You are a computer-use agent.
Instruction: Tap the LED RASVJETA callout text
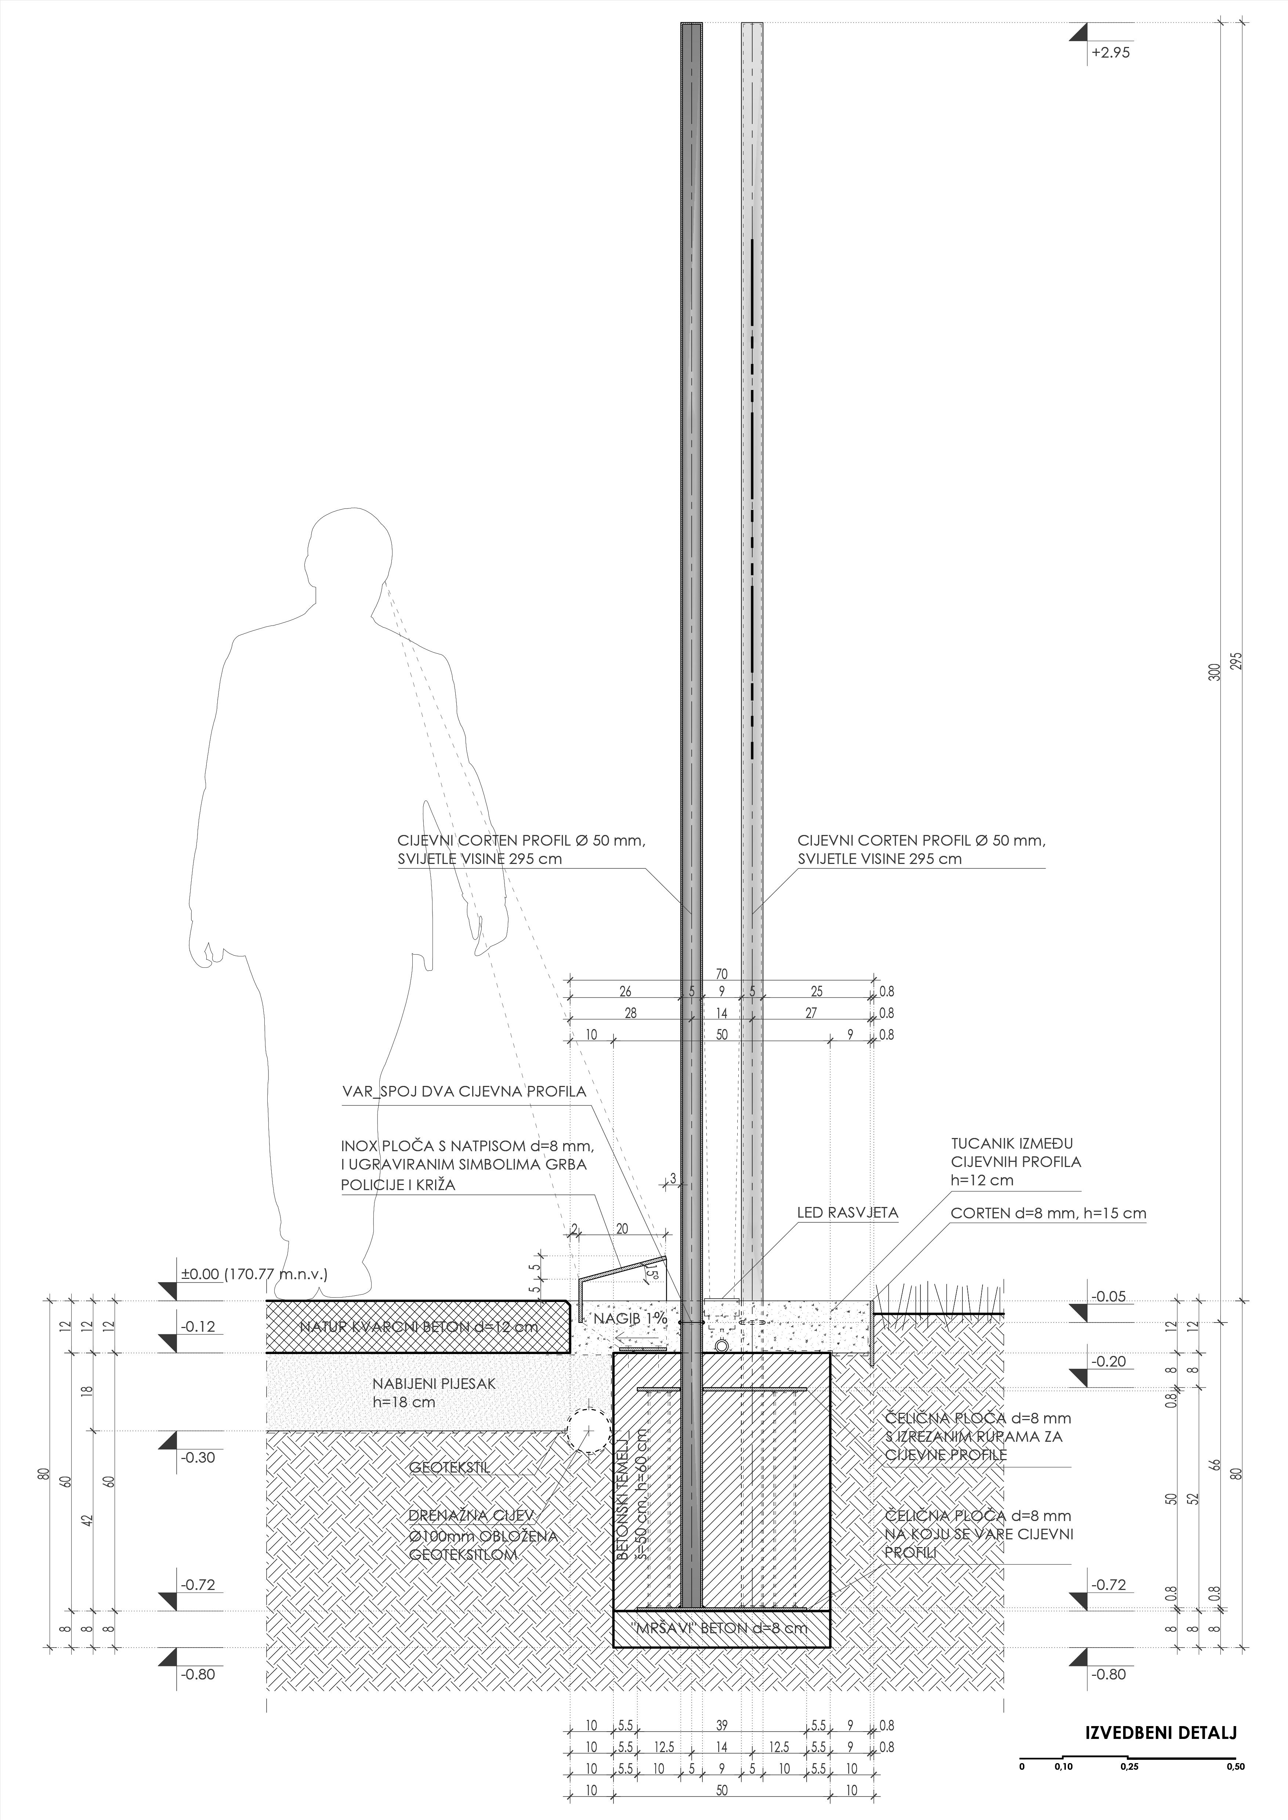[x=847, y=1213]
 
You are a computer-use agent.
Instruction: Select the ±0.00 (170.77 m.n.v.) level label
[x=254, y=1274]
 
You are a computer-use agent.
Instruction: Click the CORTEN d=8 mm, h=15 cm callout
[x=1049, y=1213]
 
